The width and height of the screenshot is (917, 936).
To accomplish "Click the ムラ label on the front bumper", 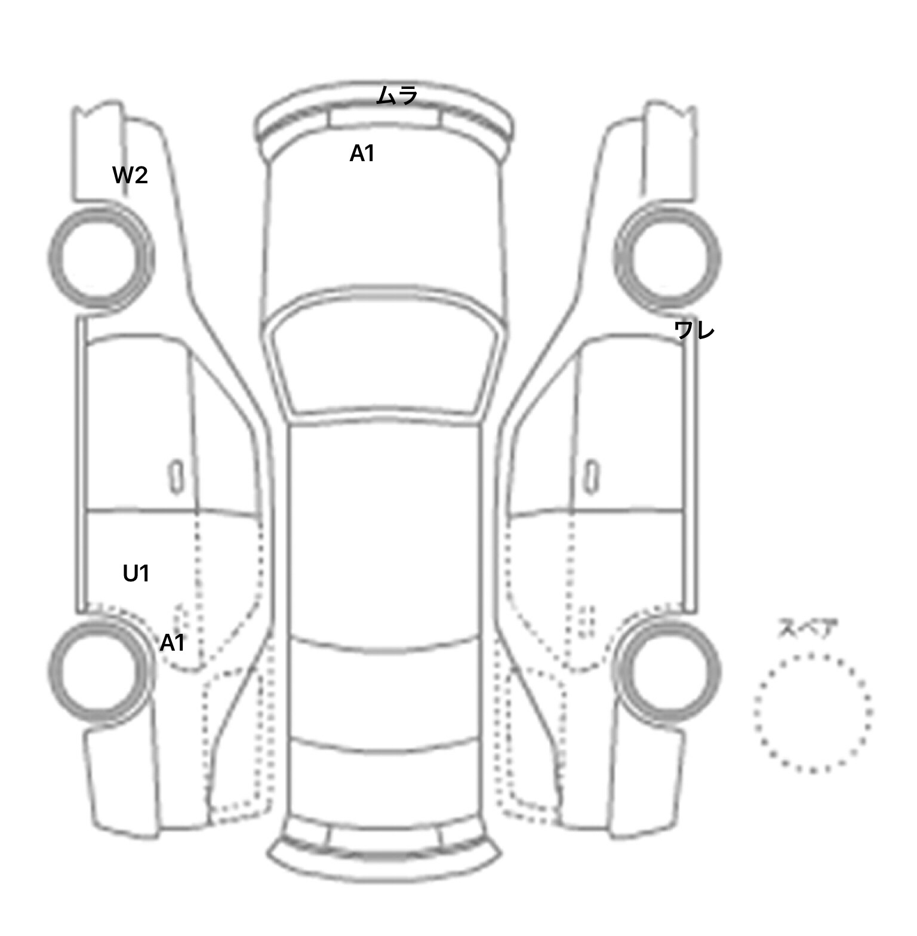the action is click(x=397, y=96).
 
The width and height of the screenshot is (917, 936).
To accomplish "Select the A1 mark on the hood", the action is click(x=362, y=154).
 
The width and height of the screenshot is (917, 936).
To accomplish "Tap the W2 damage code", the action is click(x=130, y=176).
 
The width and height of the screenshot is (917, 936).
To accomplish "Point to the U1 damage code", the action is click(x=136, y=574).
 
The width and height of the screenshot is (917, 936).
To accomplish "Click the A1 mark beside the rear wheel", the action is click(x=172, y=643).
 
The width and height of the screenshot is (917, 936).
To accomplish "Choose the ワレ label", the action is click(x=694, y=330).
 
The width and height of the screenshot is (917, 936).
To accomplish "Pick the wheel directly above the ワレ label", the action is click(x=719, y=258).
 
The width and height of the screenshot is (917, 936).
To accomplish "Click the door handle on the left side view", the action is click(x=176, y=476).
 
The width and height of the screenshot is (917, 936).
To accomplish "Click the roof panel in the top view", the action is click(x=384, y=531).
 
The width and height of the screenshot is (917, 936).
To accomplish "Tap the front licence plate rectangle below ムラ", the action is click(x=384, y=117).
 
